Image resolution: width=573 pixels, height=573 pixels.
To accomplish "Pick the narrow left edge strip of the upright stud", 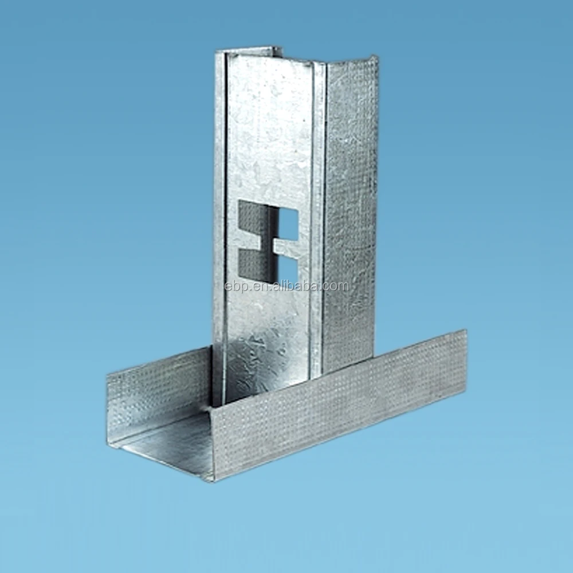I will click(x=219, y=229).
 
